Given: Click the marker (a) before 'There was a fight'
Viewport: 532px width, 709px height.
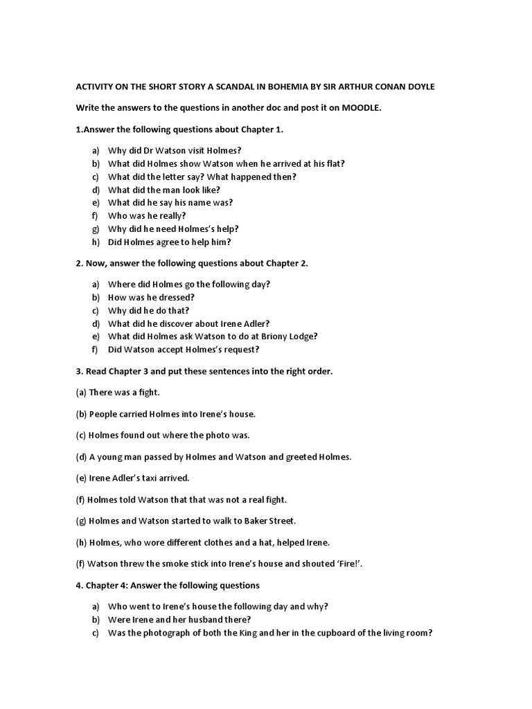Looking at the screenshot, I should tap(81, 393).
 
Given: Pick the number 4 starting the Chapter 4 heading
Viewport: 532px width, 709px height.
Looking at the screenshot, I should tap(78, 586).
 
